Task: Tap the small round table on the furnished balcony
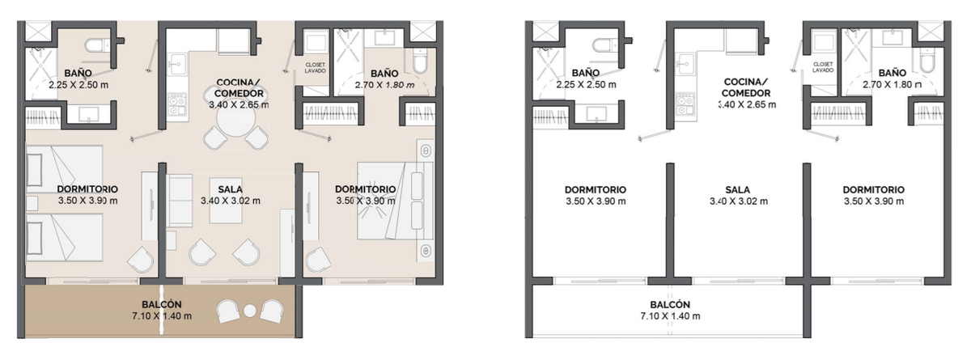click(x=250, y=311)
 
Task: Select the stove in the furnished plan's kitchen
click(x=177, y=104)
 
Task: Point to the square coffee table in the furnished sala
click(x=226, y=200)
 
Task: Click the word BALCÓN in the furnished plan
click(x=162, y=304)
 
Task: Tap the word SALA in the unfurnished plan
click(x=738, y=190)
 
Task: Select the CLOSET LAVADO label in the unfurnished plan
click(x=823, y=67)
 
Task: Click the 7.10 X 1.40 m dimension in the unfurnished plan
click(x=670, y=316)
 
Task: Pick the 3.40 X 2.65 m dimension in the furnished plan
click(x=239, y=105)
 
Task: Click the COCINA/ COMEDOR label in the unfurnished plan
click(x=746, y=87)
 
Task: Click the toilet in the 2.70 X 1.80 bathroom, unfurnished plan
click(x=926, y=60)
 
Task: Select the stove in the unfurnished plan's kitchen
click(x=685, y=104)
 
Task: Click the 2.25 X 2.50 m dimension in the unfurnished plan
click(x=586, y=85)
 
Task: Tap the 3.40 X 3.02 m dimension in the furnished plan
click(x=231, y=201)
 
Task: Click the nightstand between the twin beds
click(x=32, y=203)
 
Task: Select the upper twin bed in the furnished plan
click(x=64, y=169)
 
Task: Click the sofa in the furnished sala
click(x=180, y=201)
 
